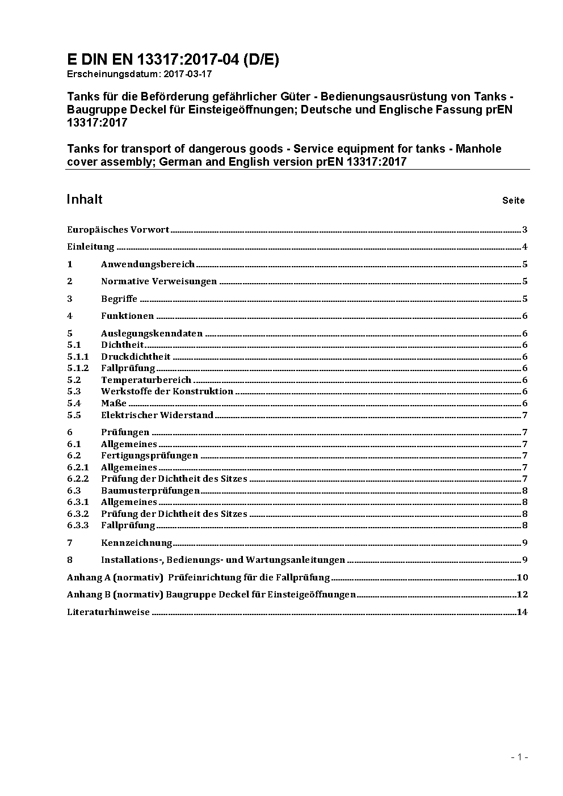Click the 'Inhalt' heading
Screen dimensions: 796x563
[85, 199]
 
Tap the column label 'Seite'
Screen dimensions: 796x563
[513, 200]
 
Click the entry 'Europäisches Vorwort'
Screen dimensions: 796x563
[118, 230]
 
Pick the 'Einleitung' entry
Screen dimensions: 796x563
[91, 247]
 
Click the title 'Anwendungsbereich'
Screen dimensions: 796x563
[148, 264]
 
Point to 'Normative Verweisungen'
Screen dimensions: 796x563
[159, 281]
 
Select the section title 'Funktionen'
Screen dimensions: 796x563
[127, 316]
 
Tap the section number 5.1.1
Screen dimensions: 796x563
[78, 357]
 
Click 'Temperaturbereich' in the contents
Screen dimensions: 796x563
[146, 380]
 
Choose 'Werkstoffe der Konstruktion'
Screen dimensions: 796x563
[167, 391]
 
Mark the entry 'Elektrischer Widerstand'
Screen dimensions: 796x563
[157, 415]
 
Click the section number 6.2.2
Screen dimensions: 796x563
[78, 479]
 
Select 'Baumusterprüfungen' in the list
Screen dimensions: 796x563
[150, 491]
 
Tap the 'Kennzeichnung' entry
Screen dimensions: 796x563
[136, 543]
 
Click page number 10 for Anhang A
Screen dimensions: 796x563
[523, 578]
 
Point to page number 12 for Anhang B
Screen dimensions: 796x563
[523, 595]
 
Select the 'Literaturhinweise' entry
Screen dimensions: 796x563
[108, 612]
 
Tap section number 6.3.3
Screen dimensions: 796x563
[78, 525]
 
